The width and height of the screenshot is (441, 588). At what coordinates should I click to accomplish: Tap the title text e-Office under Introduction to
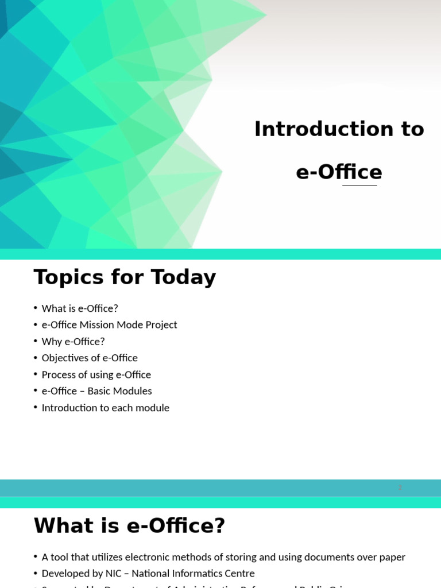click(339, 172)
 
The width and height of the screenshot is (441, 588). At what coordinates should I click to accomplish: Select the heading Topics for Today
click(125, 277)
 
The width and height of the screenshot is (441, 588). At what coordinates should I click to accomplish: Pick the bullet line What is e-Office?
click(80, 308)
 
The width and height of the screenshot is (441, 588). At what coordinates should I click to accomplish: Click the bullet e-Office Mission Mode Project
click(109, 325)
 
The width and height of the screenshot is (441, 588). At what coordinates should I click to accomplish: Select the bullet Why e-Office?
click(73, 342)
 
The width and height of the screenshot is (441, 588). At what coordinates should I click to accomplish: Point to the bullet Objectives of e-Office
click(90, 358)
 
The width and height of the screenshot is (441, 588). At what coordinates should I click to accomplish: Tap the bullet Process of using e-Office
click(96, 375)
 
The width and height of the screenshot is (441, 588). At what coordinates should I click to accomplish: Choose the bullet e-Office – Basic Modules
click(96, 391)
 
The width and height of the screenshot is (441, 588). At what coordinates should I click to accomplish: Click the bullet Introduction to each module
click(105, 408)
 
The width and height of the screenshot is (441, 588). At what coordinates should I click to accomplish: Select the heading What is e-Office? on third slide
click(129, 525)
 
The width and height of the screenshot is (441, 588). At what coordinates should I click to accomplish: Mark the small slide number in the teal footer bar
click(400, 488)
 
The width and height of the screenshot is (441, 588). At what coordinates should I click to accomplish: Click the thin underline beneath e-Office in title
click(359, 185)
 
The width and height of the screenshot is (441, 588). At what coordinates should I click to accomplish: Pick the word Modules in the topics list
click(134, 391)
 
